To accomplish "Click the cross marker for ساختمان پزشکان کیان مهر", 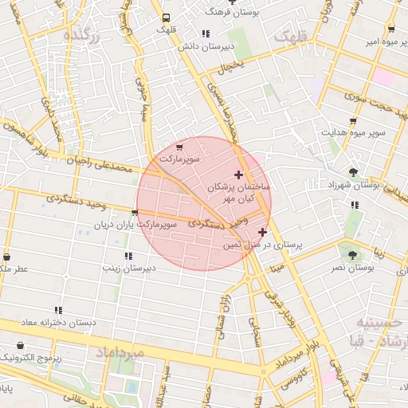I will click(x=238, y=175).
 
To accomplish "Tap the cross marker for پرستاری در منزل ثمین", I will click(x=262, y=232).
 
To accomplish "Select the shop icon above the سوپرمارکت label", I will click(x=181, y=147).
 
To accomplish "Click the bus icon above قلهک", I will click(x=166, y=18).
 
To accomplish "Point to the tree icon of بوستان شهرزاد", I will click(x=353, y=171).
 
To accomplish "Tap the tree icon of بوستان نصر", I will click(x=352, y=255).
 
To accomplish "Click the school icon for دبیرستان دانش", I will click(x=206, y=33).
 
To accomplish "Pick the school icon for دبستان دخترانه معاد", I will click(x=58, y=310).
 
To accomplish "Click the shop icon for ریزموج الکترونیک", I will click(x=20, y=347).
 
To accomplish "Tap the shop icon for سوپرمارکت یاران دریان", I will click(x=134, y=213).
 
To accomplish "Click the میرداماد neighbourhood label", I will click(x=120, y=351).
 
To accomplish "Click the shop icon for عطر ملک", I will click(x=7, y=257).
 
